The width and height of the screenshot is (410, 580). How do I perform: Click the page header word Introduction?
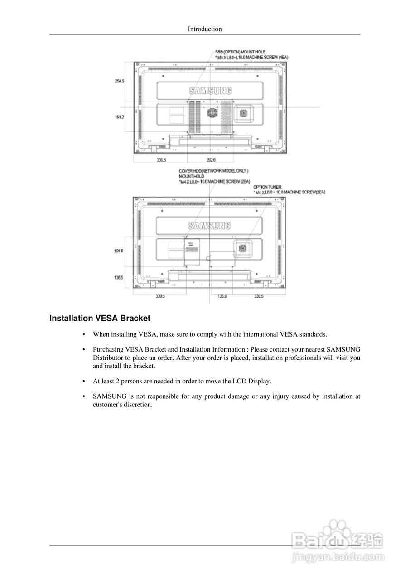205,29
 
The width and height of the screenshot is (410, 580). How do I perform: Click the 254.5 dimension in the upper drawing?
120,81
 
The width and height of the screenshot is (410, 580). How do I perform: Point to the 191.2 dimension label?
120,117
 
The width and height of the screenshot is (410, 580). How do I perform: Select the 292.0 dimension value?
211,160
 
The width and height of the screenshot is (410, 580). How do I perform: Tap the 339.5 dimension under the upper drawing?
161,160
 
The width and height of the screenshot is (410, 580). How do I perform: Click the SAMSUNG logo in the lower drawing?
209,225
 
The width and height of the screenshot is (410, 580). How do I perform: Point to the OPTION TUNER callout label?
267,187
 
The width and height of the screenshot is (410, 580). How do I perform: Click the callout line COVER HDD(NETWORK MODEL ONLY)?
213,171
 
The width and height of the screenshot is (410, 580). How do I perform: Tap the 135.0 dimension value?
222,296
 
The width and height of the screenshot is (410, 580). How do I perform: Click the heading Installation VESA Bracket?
100,319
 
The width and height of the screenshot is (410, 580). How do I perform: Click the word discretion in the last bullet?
137,405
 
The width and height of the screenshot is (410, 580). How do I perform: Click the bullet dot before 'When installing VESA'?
84,335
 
